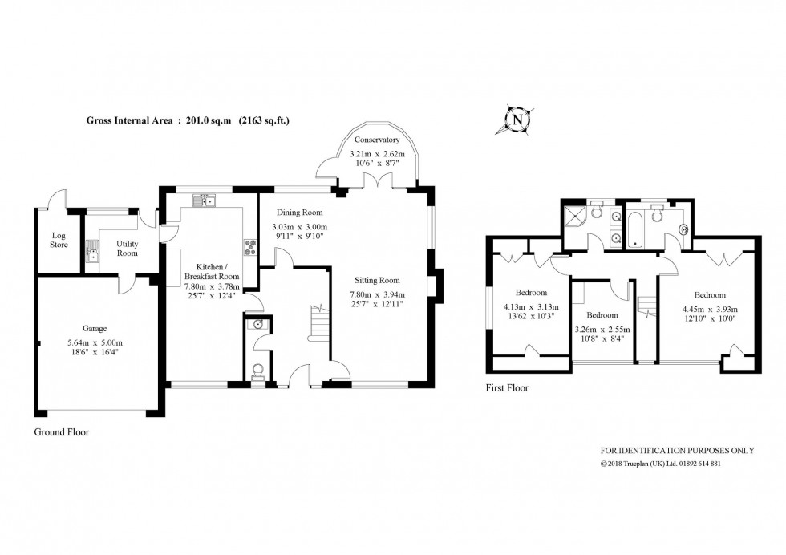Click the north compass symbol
click(518, 120)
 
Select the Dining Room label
click(299, 213)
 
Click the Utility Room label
click(127, 248)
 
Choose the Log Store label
click(59, 240)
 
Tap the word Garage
click(95, 329)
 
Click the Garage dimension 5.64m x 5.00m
click(95, 343)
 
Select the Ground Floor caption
click(61, 431)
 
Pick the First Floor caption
click(508, 388)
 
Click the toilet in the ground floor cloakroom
click(257, 371)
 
